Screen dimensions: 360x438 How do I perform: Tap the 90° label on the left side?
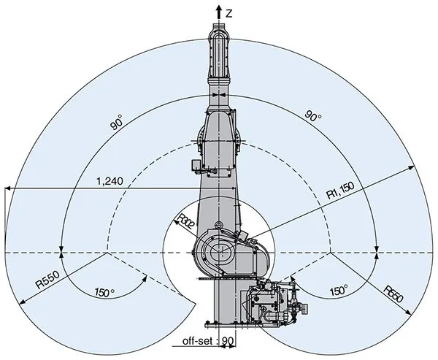(117, 124)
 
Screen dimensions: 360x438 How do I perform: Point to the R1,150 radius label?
(340, 192)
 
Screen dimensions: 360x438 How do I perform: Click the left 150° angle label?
(105, 292)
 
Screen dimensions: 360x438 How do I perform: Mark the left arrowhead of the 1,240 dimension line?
(7, 189)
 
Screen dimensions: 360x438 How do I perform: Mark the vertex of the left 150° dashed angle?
(108, 253)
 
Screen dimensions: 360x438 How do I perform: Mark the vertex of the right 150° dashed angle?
(331, 253)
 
